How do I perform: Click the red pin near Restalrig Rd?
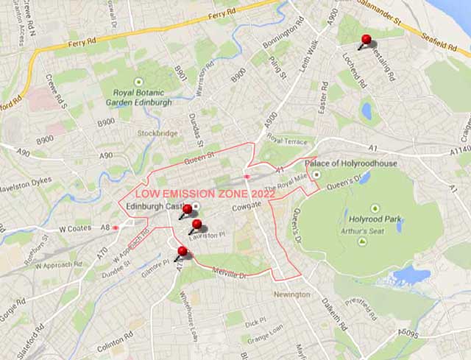point(366,40)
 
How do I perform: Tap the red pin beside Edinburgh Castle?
point(187,210)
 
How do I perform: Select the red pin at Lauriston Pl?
point(196,225)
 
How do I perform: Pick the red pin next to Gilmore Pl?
point(183,252)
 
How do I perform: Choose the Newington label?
point(291,294)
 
